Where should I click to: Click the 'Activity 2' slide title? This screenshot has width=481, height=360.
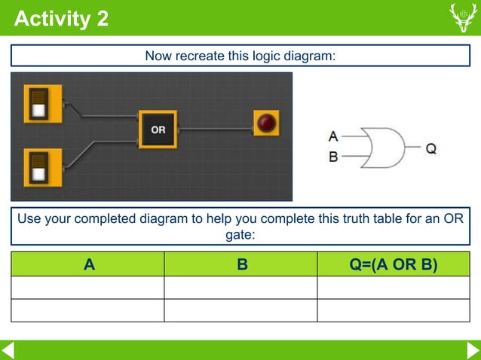tap(61, 18)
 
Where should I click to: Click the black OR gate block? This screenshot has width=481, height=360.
tap(158, 130)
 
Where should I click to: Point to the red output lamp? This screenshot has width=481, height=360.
tap(266, 123)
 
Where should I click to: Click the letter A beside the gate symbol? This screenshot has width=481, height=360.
tap(333, 136)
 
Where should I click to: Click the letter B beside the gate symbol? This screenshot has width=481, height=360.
tap(333, 157)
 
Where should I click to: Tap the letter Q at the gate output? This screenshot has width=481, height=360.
tap(430, 148)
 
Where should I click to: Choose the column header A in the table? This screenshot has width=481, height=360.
tap(89, 264)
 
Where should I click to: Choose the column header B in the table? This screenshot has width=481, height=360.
tap(242, 264)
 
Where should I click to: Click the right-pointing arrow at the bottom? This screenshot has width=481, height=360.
tap(473, 350)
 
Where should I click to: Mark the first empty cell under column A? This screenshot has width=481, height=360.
tap(87, 288)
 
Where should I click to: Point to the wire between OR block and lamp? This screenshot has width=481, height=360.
tap(215, 129)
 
